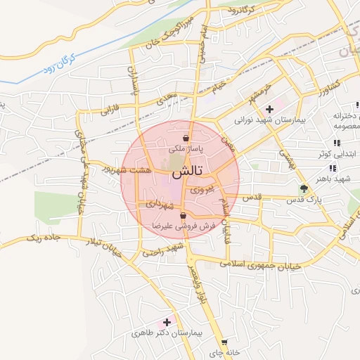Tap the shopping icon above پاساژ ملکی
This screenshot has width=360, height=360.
[186, 137]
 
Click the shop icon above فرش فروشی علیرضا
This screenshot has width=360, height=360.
[184, 216]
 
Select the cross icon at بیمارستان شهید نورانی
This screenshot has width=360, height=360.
[269, 109]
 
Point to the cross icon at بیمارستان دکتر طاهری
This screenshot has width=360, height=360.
[167, 321]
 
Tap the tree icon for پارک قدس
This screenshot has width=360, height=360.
[304, 188]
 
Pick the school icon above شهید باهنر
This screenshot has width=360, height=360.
[332, 168]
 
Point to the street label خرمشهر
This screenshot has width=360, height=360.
[259, 93]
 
